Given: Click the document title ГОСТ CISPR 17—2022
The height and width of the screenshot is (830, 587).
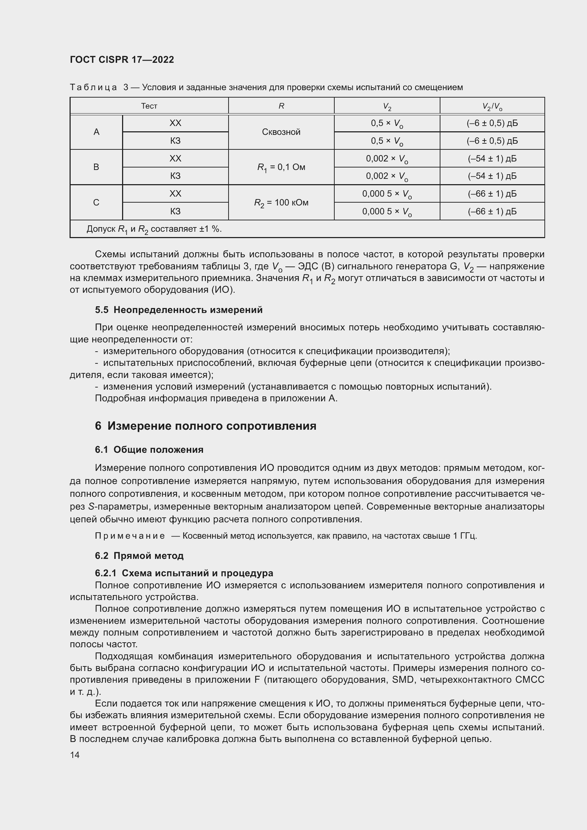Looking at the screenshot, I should pos(122,60).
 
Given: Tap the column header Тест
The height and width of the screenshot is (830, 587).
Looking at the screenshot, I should pos(149,106).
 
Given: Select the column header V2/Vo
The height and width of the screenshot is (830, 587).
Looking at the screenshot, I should pos(492,107).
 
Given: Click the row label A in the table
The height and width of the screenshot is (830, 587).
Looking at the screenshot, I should pos(97,132).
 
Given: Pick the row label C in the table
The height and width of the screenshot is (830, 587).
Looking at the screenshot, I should pos(96,202).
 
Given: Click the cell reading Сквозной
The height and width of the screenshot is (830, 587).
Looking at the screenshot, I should pos(281,132).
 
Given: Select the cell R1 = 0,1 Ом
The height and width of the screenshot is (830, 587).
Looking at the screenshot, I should pos(281,167).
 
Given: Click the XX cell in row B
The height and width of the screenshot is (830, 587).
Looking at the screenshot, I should pos(175,158).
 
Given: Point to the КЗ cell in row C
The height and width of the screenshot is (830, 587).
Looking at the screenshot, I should pos(175,211).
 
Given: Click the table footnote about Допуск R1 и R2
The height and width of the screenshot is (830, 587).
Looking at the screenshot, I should pos(154,229).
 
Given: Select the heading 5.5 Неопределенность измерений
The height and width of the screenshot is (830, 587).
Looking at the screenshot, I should pos(179,310).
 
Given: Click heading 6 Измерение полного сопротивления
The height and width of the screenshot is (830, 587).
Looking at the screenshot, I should pos(205,426).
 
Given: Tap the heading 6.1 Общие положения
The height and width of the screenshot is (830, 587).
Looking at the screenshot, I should pos(149,450).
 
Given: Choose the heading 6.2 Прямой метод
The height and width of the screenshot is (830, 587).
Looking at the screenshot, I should pos(139,556).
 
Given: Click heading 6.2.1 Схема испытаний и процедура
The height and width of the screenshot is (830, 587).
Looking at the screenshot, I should pos(184,573).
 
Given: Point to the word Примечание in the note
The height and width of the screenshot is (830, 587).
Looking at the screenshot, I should pos(130,536).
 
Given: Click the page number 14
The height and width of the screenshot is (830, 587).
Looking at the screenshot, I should pos(75,755).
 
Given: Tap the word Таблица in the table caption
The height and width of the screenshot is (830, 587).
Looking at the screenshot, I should pos(93,88).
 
